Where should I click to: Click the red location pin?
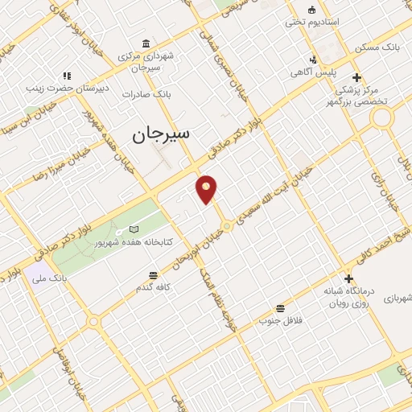coord(207,188)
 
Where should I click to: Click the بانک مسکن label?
coord(380,47)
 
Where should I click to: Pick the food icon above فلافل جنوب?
coord(279,308)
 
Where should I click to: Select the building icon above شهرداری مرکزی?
coord(145,43)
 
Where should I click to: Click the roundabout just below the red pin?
coord(228,227)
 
